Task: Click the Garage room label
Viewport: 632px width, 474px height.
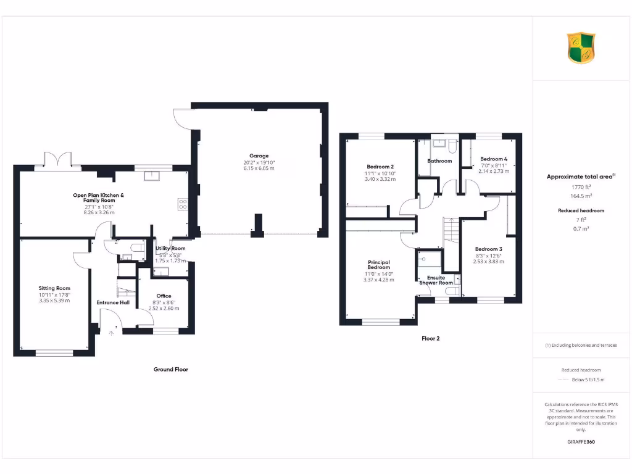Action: [259, 156]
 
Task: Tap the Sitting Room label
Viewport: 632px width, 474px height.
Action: [54, 288]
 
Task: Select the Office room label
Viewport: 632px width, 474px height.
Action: [164, 296]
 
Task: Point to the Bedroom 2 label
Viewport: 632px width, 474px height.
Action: [380, 167]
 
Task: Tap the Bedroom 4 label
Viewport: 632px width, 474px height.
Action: [494, 159]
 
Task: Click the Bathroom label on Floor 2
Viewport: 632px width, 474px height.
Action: [439, 161]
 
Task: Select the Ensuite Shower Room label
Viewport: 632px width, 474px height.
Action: [436, 280]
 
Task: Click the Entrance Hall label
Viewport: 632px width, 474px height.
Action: [112, 302]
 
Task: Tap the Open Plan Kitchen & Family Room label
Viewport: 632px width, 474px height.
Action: [99, 198]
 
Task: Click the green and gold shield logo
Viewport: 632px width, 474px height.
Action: [581, 48]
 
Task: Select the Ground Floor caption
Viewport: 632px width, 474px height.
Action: [171, 369]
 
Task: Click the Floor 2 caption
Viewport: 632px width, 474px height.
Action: [430, 338]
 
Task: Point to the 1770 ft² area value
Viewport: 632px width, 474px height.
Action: [581, 186]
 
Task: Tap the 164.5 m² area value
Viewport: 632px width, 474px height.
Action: [581, 196]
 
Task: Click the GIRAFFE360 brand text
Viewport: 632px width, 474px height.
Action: [581, 442]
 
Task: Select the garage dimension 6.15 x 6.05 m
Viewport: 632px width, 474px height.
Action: [259, 168]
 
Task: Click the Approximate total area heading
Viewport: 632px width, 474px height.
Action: [580, 177]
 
